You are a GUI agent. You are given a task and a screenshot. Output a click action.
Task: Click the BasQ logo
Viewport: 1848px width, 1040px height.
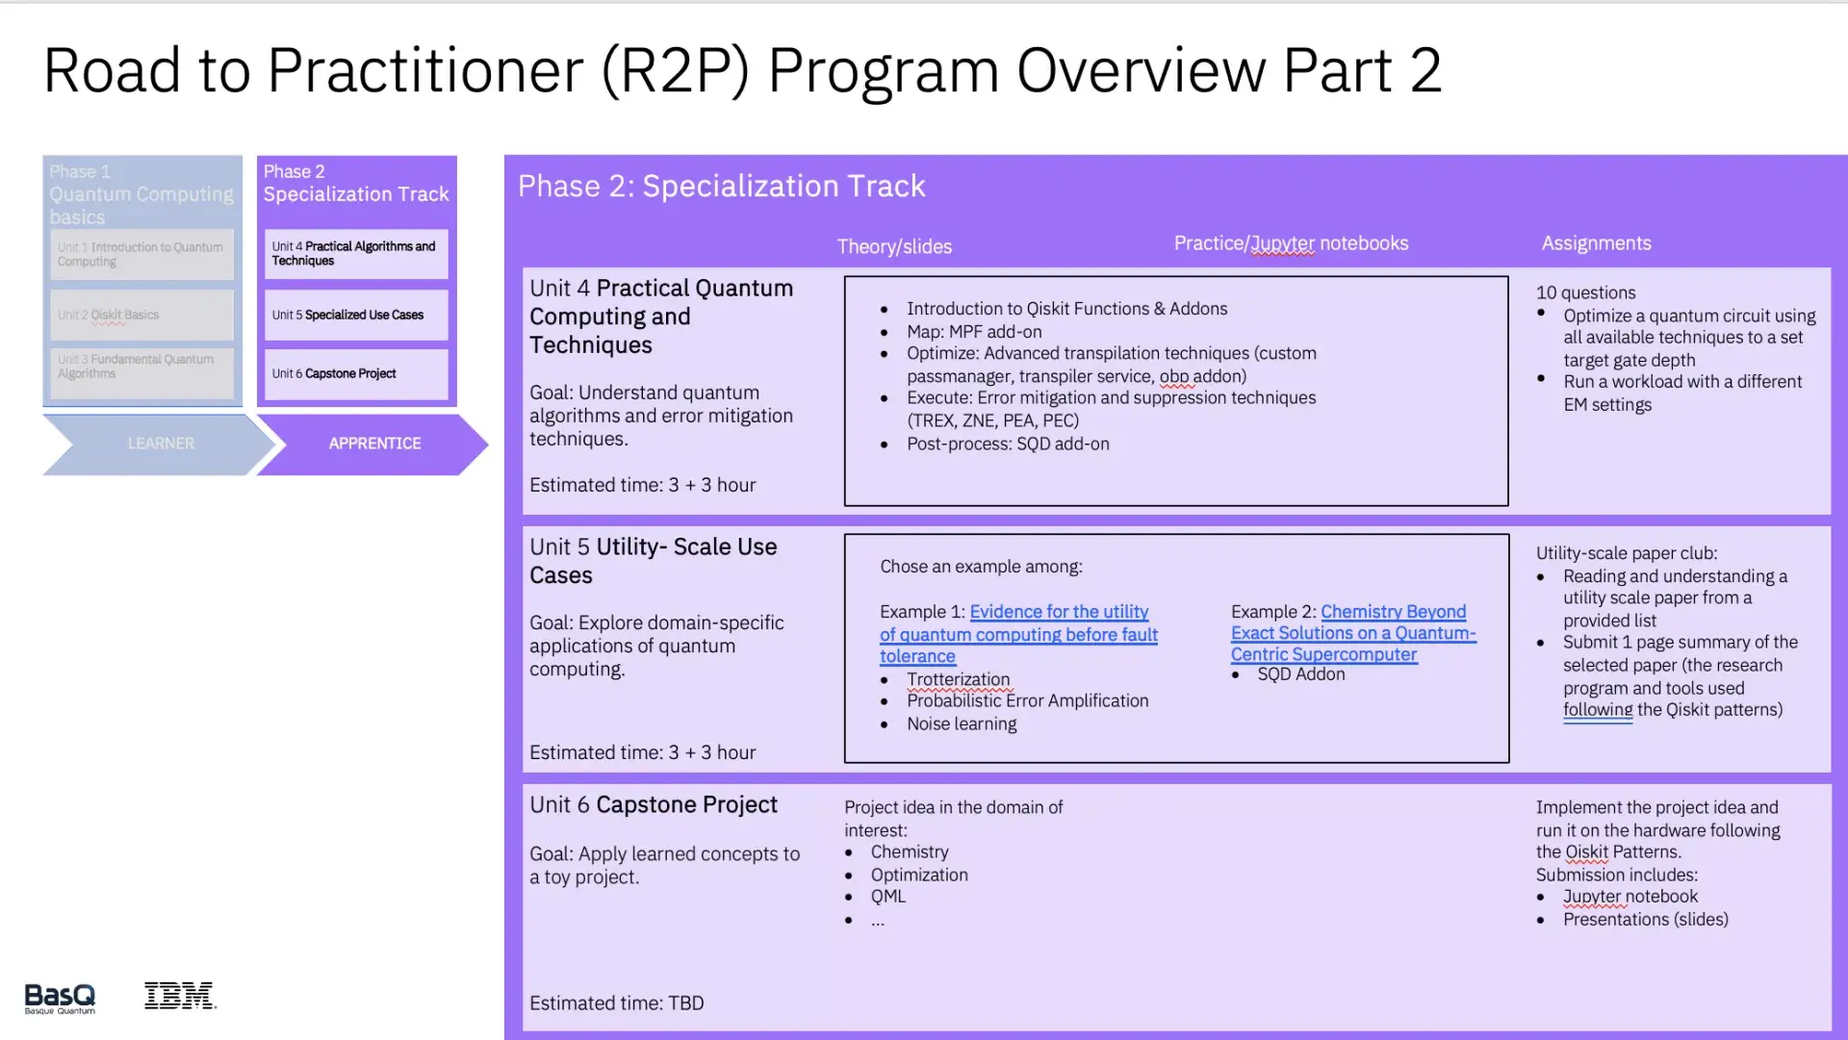tap(60, 998)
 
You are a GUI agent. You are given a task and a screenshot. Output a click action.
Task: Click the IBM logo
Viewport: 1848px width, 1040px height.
tap(180, 996)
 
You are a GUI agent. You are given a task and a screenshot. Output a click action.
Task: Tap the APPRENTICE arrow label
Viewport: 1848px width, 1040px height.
tap(374, 444)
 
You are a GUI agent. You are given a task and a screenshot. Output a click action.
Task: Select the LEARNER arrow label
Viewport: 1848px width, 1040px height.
tap(161, 444)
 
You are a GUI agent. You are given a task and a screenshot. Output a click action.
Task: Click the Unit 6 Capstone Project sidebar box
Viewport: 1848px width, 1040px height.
tap(356, 373)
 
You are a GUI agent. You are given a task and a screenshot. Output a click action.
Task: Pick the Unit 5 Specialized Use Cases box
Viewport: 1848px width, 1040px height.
tap(356, 315)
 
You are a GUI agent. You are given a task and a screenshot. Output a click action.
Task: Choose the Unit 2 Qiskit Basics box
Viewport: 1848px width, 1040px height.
tap(141, 315)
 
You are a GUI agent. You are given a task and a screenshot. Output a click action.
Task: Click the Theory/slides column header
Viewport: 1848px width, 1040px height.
tap(894, 246)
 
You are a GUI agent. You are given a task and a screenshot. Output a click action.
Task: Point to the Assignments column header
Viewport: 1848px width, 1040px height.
tap(1596, 243)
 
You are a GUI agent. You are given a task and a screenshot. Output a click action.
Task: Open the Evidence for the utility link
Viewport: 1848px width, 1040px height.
tap(1018, 634)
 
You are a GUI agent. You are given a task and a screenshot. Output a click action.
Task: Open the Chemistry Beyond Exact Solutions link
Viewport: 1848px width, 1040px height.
tap(1352, 633)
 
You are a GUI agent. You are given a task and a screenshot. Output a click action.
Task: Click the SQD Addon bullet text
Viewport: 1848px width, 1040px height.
tap(1300, 674)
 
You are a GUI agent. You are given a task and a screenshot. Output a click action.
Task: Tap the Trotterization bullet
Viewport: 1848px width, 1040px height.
tap(958, 679)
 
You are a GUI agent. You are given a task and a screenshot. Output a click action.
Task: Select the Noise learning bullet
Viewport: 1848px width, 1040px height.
tap(961, 723)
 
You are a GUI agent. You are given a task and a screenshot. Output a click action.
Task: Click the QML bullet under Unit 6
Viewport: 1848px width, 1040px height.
tap(887, 896)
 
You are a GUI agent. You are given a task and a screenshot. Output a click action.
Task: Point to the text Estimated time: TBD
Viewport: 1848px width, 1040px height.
tap(616, 1002)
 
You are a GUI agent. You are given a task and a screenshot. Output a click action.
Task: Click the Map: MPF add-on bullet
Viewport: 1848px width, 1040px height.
tap(973, 332)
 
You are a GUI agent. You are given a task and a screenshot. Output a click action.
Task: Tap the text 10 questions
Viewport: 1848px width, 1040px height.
tap(1585, 292)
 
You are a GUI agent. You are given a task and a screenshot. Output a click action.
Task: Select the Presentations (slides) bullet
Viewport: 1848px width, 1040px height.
tap(1645, 919)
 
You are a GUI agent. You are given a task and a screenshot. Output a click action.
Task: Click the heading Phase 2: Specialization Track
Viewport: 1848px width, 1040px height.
tap(721, 186)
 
